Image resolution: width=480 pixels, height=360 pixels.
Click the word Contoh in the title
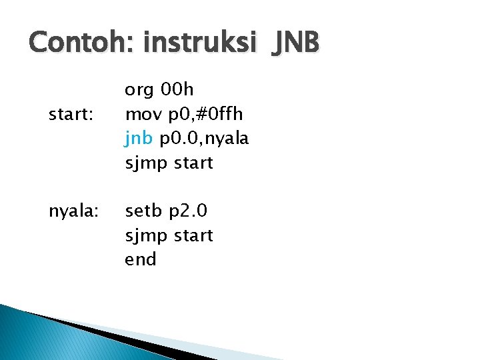click(72, 43)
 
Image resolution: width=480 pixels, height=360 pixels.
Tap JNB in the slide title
click(293, 43)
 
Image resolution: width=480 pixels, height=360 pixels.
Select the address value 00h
click(179, 90)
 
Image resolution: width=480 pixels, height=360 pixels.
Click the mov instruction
click(142, 115)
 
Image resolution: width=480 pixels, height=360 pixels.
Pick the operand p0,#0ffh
click(207, 115)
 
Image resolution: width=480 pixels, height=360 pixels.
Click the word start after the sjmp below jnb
click(193, 163)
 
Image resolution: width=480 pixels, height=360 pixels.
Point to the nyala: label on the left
click(74, 211)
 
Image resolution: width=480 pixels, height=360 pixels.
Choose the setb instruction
click(143, 211)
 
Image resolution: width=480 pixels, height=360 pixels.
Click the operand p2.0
click(188, 211)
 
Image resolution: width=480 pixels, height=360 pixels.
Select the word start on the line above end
click(193, 235)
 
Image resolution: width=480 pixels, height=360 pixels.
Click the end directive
click(140, 259)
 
